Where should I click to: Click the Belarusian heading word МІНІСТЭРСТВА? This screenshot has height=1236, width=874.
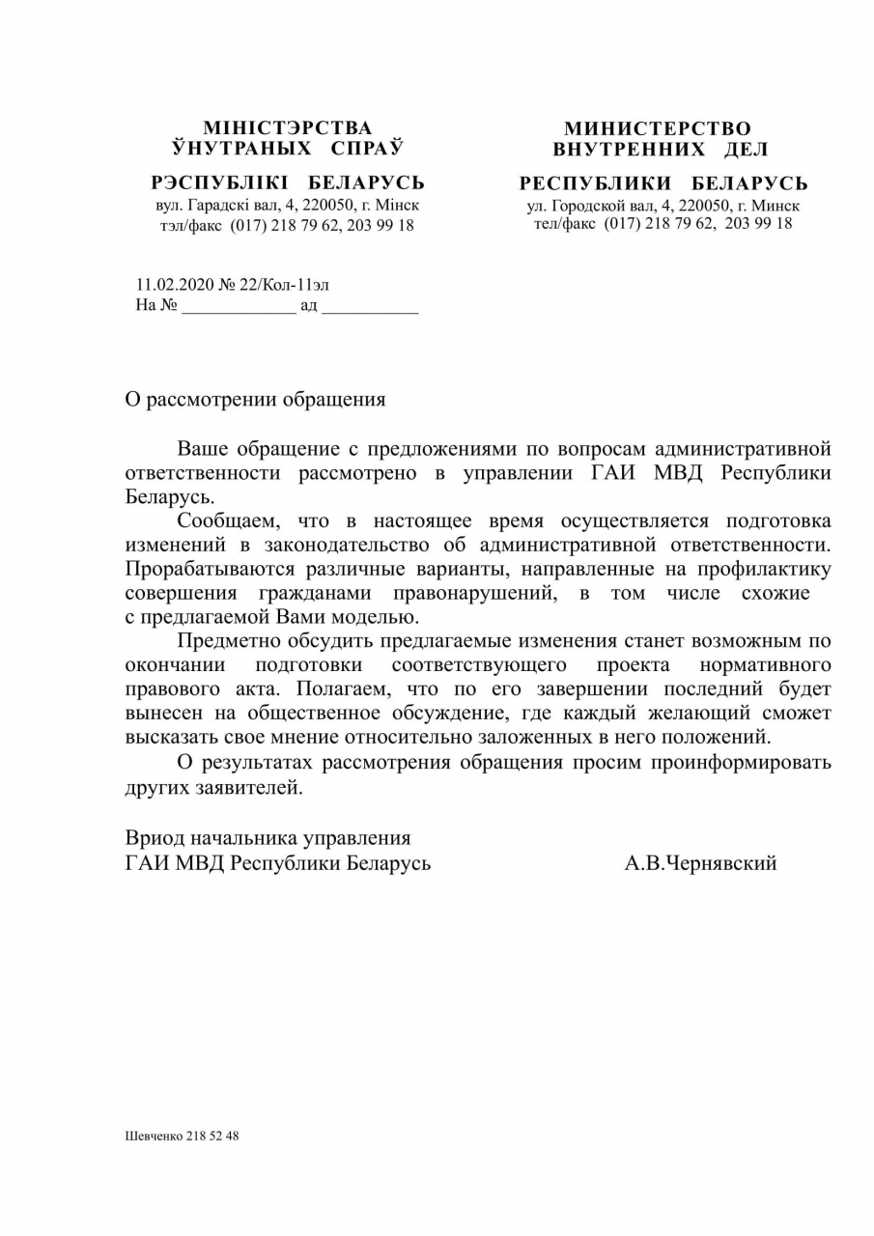point(287,128)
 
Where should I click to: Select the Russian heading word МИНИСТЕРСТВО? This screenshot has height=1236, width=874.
point(657,128)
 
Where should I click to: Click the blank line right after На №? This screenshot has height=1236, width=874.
point(239,307)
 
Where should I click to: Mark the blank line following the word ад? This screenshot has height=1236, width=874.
point(369,307)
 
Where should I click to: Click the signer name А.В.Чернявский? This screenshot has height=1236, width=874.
point(700,863)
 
